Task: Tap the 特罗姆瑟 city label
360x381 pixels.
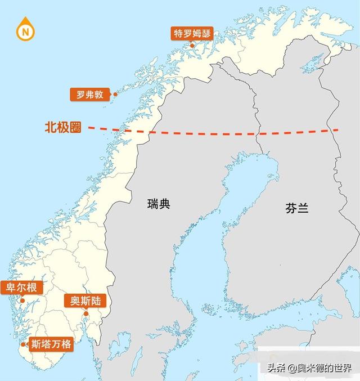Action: [192, 33]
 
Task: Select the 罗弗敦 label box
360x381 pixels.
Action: [90, 95]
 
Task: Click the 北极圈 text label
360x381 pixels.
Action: [63, 128]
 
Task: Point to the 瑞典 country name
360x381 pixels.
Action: [157, 204]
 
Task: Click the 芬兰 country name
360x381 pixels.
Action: [296, 208]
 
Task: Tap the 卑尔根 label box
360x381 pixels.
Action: [21, 288]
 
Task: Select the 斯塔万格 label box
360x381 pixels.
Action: [51, 344]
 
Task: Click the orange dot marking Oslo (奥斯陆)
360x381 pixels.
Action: [86, 313]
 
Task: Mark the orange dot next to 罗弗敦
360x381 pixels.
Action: [115, 95]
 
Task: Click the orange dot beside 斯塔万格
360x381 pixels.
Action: [24, 344]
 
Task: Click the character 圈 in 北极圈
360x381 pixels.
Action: [75, 128]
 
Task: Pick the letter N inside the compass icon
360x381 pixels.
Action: [24, 31]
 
